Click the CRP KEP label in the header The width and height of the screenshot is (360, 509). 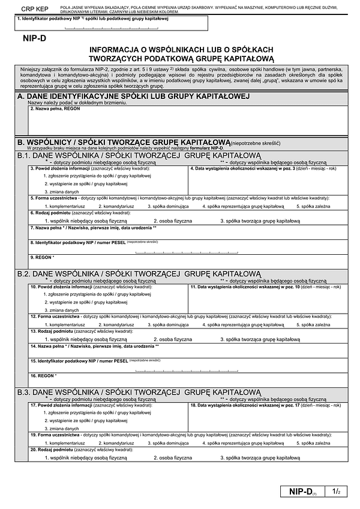point(34,10)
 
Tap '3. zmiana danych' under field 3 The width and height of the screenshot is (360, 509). point(64,190)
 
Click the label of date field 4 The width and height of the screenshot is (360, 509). point(264,169)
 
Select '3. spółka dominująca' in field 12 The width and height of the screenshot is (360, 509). point(169,324)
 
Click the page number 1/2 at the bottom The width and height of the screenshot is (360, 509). point(335,492)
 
